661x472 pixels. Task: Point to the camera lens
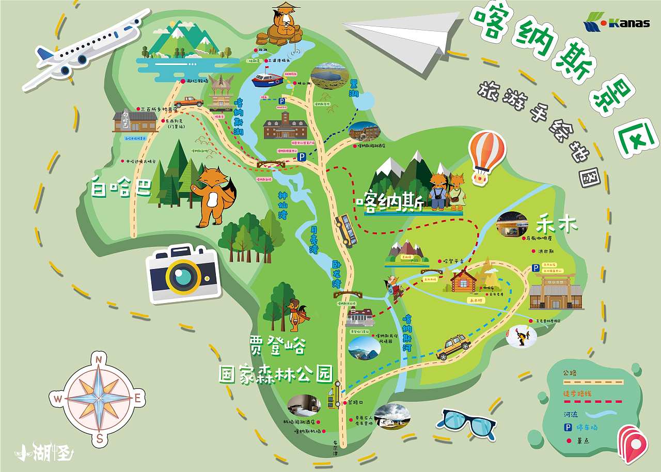[x=183, y=276]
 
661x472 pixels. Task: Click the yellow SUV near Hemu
[x=453, y=345]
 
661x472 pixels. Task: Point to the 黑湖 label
[x=354, y=89]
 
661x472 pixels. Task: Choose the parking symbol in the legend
[x=567, y=427]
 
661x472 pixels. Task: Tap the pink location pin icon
[x=633, y=444]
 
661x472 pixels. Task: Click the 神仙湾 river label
[x=282, y=205]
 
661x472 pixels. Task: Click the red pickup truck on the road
[x=188, y=102]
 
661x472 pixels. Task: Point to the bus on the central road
[x=346, y=230]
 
